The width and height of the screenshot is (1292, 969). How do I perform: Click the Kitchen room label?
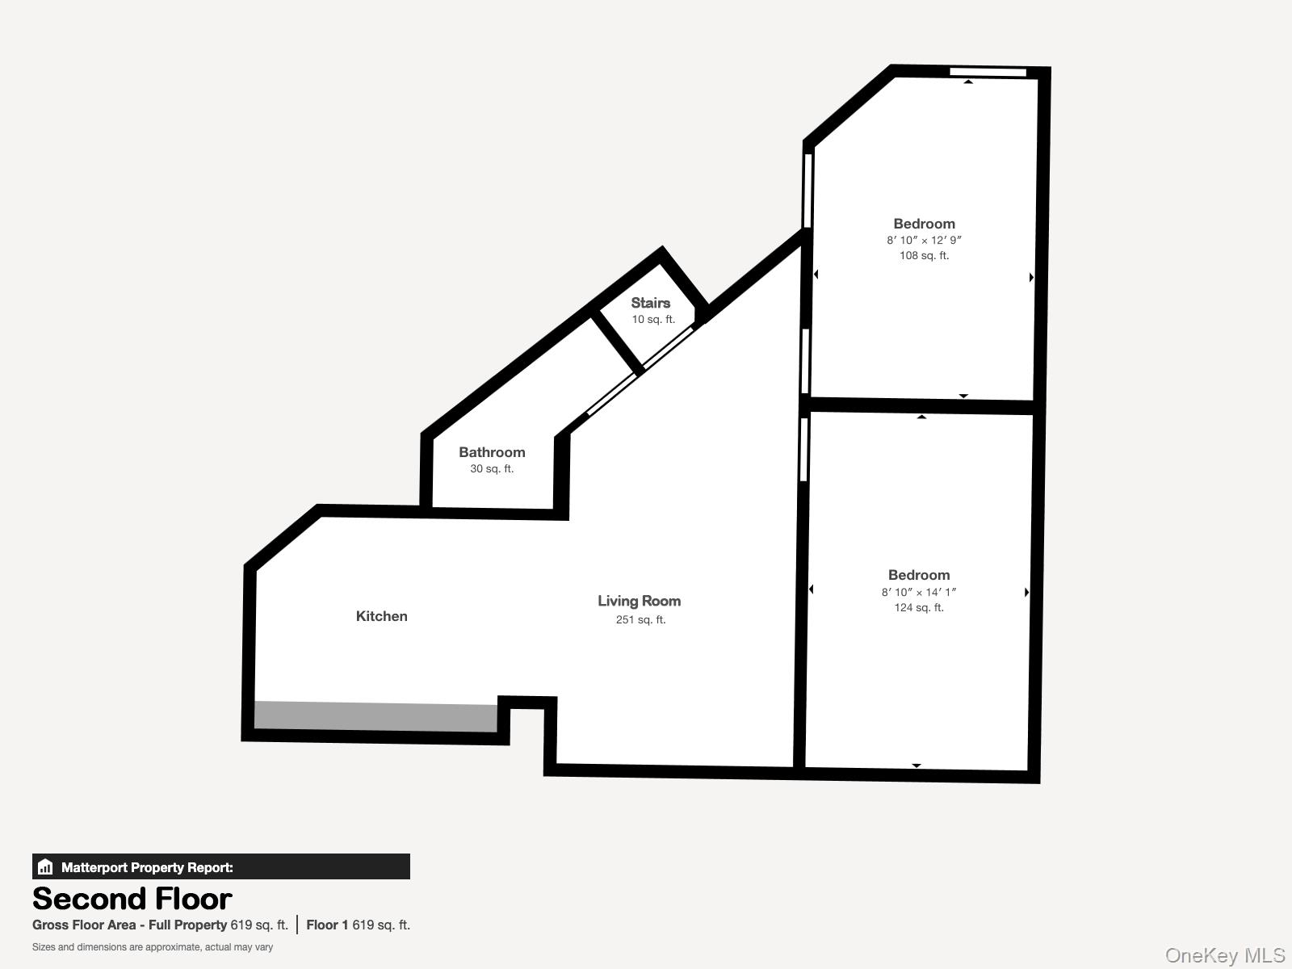pyautogui.click(x=381, y=616)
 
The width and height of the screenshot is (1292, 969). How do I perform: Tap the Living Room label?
pyautogui.click(x=639, y=601)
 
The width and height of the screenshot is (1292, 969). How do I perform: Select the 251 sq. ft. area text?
pyautogui.click(x=640, y=620)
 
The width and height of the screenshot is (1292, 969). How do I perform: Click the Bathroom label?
pyautogui.click(x=492, y=452)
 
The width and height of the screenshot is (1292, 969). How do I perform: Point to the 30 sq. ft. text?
pyautogui.click(x=492, y=469)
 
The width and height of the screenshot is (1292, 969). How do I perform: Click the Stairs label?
pyautogui.click(x=650, y=303)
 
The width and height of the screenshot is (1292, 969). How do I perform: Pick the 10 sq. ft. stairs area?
pyautogui.click(x=652, y=320)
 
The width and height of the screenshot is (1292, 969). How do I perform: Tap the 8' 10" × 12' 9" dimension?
pyautogui.click(x=924, y=241)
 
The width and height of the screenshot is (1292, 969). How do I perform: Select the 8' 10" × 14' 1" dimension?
pyautogui.click(x=918, y=592)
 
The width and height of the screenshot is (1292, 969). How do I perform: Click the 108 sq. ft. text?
pyautogui.click(x=924, y=256)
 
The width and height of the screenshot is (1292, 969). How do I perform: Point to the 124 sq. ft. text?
pyautogui.click(x=918, y=608)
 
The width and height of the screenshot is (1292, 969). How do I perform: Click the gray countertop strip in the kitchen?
pyautogui.click(x=375, y=716)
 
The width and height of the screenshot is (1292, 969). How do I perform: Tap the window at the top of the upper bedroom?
pyautogui.click(x=987, y=73)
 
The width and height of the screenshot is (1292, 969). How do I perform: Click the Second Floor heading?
pyautogui.click(x=132, y=899)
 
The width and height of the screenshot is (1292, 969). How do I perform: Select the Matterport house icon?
pyautogui.click(x=45, y=867)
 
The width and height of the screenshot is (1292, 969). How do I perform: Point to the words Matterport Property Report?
pyautogui.click(x=147, y=867)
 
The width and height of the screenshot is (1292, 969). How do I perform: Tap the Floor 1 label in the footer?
pyautogui.click(x=327, y=925)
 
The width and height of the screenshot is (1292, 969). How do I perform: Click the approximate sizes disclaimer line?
pyautogui.click(x=153, y=947)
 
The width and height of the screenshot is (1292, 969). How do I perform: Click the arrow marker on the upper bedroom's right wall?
pyautogui.click(x=1031, y=277)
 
